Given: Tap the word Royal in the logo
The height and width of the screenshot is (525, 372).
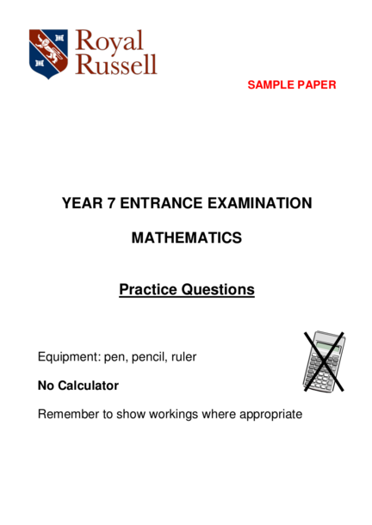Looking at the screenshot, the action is [109, 41].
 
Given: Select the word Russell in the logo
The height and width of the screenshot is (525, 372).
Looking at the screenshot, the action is [116, 64].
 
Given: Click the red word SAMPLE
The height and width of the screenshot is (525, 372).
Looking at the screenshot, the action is [270, 84].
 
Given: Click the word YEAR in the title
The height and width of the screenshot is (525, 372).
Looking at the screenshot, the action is [82, 203].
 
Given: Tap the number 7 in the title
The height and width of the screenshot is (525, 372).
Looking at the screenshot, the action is [111, 203].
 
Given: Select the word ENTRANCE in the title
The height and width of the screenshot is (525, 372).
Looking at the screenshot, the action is [161, 203].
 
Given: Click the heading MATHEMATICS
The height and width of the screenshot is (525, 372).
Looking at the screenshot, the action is [187, 238].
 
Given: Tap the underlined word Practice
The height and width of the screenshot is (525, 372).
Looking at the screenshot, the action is [148, 290].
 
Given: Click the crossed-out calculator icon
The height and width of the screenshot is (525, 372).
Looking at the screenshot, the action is [324, 361].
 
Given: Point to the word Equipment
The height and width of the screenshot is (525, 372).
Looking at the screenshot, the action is [70, 357].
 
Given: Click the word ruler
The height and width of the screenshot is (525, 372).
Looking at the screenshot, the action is [183, 356].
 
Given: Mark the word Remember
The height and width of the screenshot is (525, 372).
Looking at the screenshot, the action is [68, 414].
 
